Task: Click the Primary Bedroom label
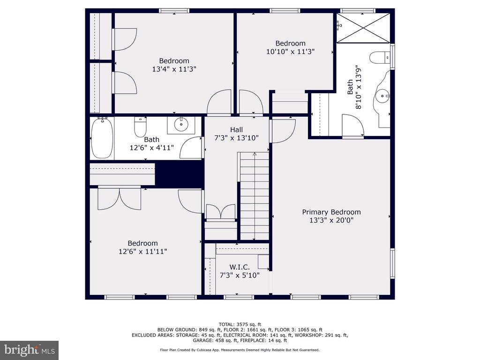coord(331,212)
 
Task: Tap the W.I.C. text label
coord(240,267)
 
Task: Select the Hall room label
coord(236,129)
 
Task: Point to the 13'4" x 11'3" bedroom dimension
coord(174,69)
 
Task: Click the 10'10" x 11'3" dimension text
coord(290,52)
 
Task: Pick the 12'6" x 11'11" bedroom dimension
coord(142,251)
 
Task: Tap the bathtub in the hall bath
coord(102,138)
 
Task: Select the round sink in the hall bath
coord(181,124)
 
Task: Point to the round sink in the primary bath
coord(382,96)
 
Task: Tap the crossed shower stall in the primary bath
coord(363,28)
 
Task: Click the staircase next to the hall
coord(255,196)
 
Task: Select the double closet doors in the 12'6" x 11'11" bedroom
coord(120,198)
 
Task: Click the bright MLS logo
coord(29,350)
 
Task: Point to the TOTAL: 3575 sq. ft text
coord(240,324)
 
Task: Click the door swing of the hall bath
coord(190,148)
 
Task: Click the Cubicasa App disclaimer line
coord(240,350)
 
